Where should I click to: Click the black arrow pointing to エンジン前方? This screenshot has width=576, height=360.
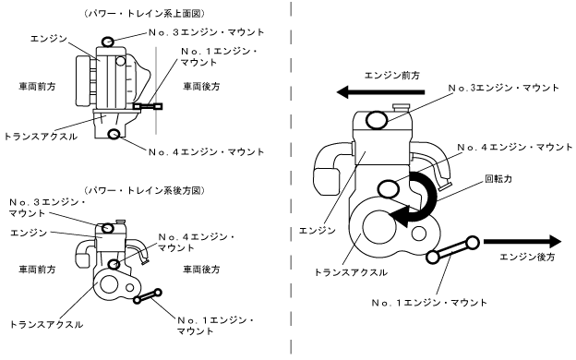coord(380,91)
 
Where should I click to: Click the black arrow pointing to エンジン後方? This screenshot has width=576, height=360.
coord(522,242)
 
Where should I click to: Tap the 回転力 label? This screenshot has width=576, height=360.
coord(498,179)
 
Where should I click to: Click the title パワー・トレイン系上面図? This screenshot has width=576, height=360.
coord(144,14)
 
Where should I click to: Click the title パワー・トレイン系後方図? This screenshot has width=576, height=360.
coord(144,190)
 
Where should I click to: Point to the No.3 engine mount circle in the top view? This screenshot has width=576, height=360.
coord(108,42)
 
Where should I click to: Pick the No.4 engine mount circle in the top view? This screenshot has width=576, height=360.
coord(114,134)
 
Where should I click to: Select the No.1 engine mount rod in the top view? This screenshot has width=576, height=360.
coord(148,106)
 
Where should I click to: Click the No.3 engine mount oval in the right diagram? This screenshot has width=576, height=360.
coord(377,120)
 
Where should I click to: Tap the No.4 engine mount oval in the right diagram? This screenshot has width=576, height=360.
coord(389,189)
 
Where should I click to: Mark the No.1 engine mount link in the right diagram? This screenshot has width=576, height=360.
coord(453,249)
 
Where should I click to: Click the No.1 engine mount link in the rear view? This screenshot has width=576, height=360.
coord(148,296)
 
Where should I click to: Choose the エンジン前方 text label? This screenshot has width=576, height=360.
coord(392,76)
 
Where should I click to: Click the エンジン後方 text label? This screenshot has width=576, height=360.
coord(527,257)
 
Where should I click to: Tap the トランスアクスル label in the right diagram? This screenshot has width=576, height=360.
coord(351,272)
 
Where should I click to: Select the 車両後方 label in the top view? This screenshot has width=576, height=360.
coord(201,87)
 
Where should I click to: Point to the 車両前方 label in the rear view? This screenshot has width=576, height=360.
coord(37,270)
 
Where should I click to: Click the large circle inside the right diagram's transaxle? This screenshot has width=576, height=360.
coord(379,228)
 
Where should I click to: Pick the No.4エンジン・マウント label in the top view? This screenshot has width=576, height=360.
coord(207,151)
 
